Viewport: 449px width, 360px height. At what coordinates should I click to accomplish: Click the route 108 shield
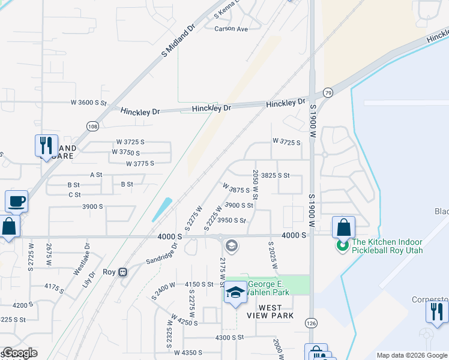[92, 126]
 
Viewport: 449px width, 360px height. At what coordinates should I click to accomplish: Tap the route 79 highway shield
[328, 92]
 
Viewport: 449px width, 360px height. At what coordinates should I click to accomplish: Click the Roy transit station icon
[123, 272]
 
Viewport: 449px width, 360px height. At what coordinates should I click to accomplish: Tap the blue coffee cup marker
[16, 202]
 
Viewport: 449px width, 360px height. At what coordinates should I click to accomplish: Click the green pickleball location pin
[343, 246]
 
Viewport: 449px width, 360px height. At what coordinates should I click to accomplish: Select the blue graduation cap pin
[236, 293]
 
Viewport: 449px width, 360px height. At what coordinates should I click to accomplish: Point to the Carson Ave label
[231, 28]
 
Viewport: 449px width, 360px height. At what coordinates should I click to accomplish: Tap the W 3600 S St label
[88, 103]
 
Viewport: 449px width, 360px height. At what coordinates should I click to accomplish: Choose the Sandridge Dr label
[162, 253]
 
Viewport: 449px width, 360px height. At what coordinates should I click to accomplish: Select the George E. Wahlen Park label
[269, 288]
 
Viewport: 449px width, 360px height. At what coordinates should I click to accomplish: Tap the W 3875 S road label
[236, 188]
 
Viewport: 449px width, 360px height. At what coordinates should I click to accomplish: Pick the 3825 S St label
[276, 175]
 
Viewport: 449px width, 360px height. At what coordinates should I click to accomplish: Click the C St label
[74, 194]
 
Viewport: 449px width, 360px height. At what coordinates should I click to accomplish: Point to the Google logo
[20, 353]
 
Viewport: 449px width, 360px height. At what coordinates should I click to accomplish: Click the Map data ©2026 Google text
[412, 355]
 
